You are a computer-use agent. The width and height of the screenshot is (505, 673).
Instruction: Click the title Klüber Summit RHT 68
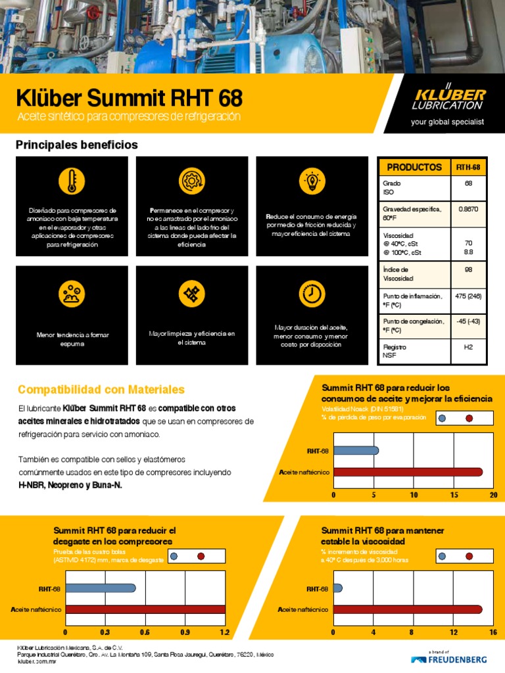(x=129, y=99)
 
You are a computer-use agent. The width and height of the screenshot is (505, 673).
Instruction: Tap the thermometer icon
(x=72, y=181)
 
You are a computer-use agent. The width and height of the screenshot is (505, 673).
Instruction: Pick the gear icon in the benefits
(x=191, y=181)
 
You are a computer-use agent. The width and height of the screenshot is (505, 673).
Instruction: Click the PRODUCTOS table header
(x=414, y=168)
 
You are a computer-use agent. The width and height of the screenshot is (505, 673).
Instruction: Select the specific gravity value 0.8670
(x=469, y=208)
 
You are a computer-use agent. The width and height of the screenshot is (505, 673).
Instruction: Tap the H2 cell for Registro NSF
(x=469, y=347)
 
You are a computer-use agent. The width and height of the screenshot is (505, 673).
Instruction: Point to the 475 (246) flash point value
(x=469, y=296)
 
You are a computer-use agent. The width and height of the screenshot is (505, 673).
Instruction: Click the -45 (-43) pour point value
(x=469, y=321)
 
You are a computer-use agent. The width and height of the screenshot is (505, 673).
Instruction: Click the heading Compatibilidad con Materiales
(x=101, y=390)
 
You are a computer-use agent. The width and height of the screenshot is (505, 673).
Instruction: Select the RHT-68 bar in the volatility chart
(x=356, y=451)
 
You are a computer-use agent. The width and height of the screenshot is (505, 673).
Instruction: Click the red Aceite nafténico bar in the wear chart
(x=145, y=609)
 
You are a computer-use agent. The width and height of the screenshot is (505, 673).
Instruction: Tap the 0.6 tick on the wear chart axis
(x=145, y=632)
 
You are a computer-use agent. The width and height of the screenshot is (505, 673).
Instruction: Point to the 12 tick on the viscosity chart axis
(x=454, y=632)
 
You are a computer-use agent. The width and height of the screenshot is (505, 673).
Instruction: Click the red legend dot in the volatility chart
(x=469, y=419)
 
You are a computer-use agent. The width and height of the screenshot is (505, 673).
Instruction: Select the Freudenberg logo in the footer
(x=449, y=658)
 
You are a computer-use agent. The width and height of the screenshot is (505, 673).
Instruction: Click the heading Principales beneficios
(x=77, y=145)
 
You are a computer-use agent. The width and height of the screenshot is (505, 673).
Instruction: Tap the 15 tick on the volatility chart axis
(x=454, y=495)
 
